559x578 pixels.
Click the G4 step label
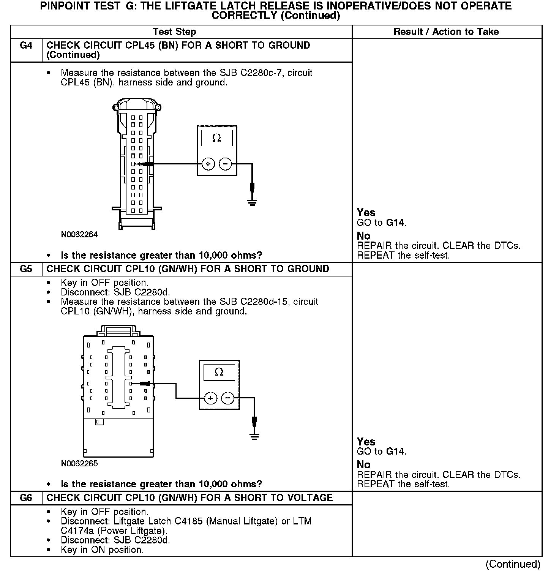click(x=26, y=46)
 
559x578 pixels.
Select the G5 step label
click(x=26, y=269)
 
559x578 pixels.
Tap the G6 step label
click(x=26, y=498)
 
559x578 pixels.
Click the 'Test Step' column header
click(x=174, y=32)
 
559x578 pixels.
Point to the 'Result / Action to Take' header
click(x=446, y=32)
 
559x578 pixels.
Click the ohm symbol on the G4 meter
click(x=216, y=138)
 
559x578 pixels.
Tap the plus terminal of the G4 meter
click(x=208, y=164)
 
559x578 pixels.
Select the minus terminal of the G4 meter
click(x=226, y=164)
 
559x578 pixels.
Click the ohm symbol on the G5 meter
click(x=219, y=372)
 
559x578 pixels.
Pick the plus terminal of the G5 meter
click(x=210, y=398)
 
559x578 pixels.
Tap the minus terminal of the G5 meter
click(x=228, y=398)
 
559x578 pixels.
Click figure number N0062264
click(x=79, y=235)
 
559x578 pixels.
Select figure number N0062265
click(x=79, y=464)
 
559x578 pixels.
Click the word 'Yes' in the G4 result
click(x=366, y=213)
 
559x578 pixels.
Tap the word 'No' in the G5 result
click(x=364, y=464)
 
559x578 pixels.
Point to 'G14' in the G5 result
click(x=396, y=452)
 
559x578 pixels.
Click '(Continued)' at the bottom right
click(x=513, y=564)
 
